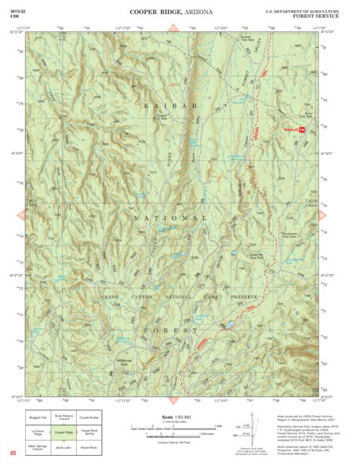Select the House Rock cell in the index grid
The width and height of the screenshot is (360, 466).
[x=97, y=446]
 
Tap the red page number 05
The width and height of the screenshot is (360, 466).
[x=13, y=453]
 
